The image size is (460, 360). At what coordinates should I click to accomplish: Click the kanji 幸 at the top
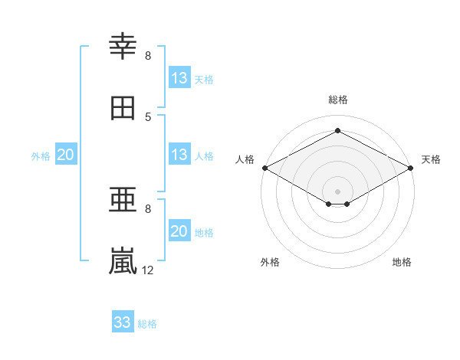123,46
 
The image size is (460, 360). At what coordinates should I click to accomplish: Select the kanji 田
123,108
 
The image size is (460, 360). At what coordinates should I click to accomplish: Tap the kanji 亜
123,200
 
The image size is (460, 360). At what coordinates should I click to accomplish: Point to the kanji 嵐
123,260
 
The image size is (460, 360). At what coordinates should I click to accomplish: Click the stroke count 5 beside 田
148,117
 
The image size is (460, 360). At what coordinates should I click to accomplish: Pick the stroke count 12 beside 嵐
147,270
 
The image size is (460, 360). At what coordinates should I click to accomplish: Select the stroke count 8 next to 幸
148,56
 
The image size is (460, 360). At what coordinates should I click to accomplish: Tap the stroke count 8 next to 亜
148,209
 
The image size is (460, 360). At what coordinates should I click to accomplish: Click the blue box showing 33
123,321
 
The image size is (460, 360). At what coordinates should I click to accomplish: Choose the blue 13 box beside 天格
179,77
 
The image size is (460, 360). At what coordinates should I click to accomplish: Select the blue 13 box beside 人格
179,154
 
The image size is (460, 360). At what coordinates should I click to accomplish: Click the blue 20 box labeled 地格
179,230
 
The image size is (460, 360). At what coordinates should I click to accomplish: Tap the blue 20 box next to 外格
66,154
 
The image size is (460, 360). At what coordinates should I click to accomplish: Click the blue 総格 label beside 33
147,324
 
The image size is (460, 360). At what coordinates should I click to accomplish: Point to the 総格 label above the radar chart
338,100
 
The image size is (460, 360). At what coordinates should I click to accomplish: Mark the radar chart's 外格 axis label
270,262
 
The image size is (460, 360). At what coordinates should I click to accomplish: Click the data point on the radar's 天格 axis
410,168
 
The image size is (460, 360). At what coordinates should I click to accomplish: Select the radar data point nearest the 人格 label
265,168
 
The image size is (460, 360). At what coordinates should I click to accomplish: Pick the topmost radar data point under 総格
337,130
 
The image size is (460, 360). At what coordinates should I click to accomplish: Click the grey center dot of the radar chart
337,191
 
